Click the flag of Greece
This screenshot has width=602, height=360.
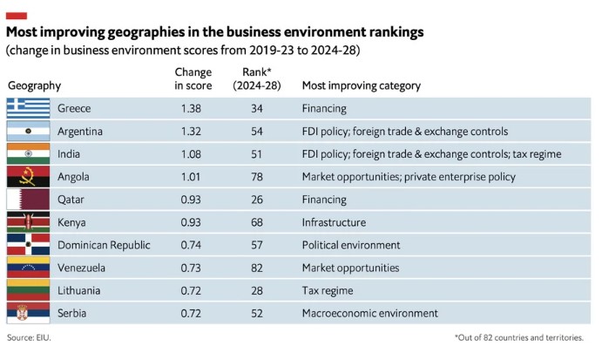(x=29, y=108)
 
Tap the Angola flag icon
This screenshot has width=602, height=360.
(x=29, y=177)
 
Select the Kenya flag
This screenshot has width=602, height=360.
(x=29, y=222)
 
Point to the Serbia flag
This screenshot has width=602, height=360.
(x=29, y=313)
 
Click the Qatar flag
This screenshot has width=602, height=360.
(x=29, y=200)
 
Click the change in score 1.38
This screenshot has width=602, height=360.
(x=191, y=108)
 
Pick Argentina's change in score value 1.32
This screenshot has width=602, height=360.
(x=191, y=132)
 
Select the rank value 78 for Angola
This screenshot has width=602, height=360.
(x=257, y=177)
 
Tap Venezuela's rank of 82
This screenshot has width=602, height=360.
(x=257, y=268)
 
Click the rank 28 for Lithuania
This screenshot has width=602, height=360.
(x=257, y=290)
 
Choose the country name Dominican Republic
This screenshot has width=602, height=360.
(x=104, y=245)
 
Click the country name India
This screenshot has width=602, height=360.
(x=69, y=154)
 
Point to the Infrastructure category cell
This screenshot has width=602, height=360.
(x=334, y=222)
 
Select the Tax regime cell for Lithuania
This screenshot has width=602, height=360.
(x=328, y=291)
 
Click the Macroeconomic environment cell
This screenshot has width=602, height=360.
(x=369, y=314)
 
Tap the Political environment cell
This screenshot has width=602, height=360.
(x=351, y=245)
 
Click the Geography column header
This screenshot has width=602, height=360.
(x=34, y=85)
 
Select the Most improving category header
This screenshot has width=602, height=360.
(x=362, y=85)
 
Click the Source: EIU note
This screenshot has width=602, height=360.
(x=29, y=337)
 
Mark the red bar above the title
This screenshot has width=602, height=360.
(x=17, y=16)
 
